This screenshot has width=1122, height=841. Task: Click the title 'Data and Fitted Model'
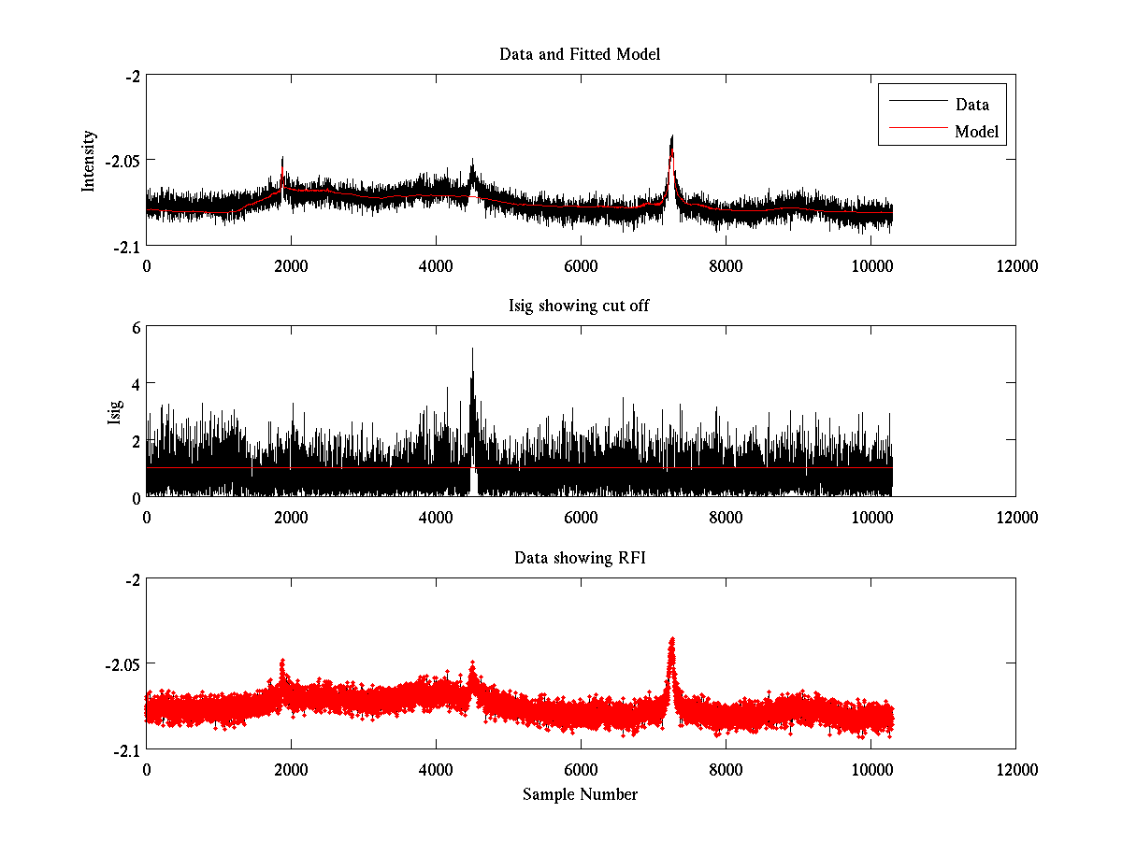pyautogui.click(x=580, y=54)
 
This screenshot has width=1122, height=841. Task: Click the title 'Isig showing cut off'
pyautogui.click(x=580, y=306)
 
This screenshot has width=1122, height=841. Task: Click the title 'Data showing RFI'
pyautogui.click(x=580, y=558)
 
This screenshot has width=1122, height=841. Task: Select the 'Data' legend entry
pyautogui.click(x=971, y=105)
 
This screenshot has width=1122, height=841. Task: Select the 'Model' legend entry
pyautogui.click(x=976, y=132)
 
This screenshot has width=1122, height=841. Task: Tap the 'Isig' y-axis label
pyautogui.click(x=115, y=412)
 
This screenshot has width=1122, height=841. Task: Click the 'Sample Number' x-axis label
pyautogui.click(x=580, y=794)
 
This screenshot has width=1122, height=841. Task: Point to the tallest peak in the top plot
pyautogui.click(x=671, y=137)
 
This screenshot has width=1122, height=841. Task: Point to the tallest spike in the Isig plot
pyautogui.click(x=472, y=349)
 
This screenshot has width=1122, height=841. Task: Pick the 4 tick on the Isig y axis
pyautogui.click(x=136, y=384)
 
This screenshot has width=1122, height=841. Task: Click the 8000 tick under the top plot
pyautogui.click(x=726, y=265)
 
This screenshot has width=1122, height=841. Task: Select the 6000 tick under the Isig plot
pyautogui.click(x=581, y=517)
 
